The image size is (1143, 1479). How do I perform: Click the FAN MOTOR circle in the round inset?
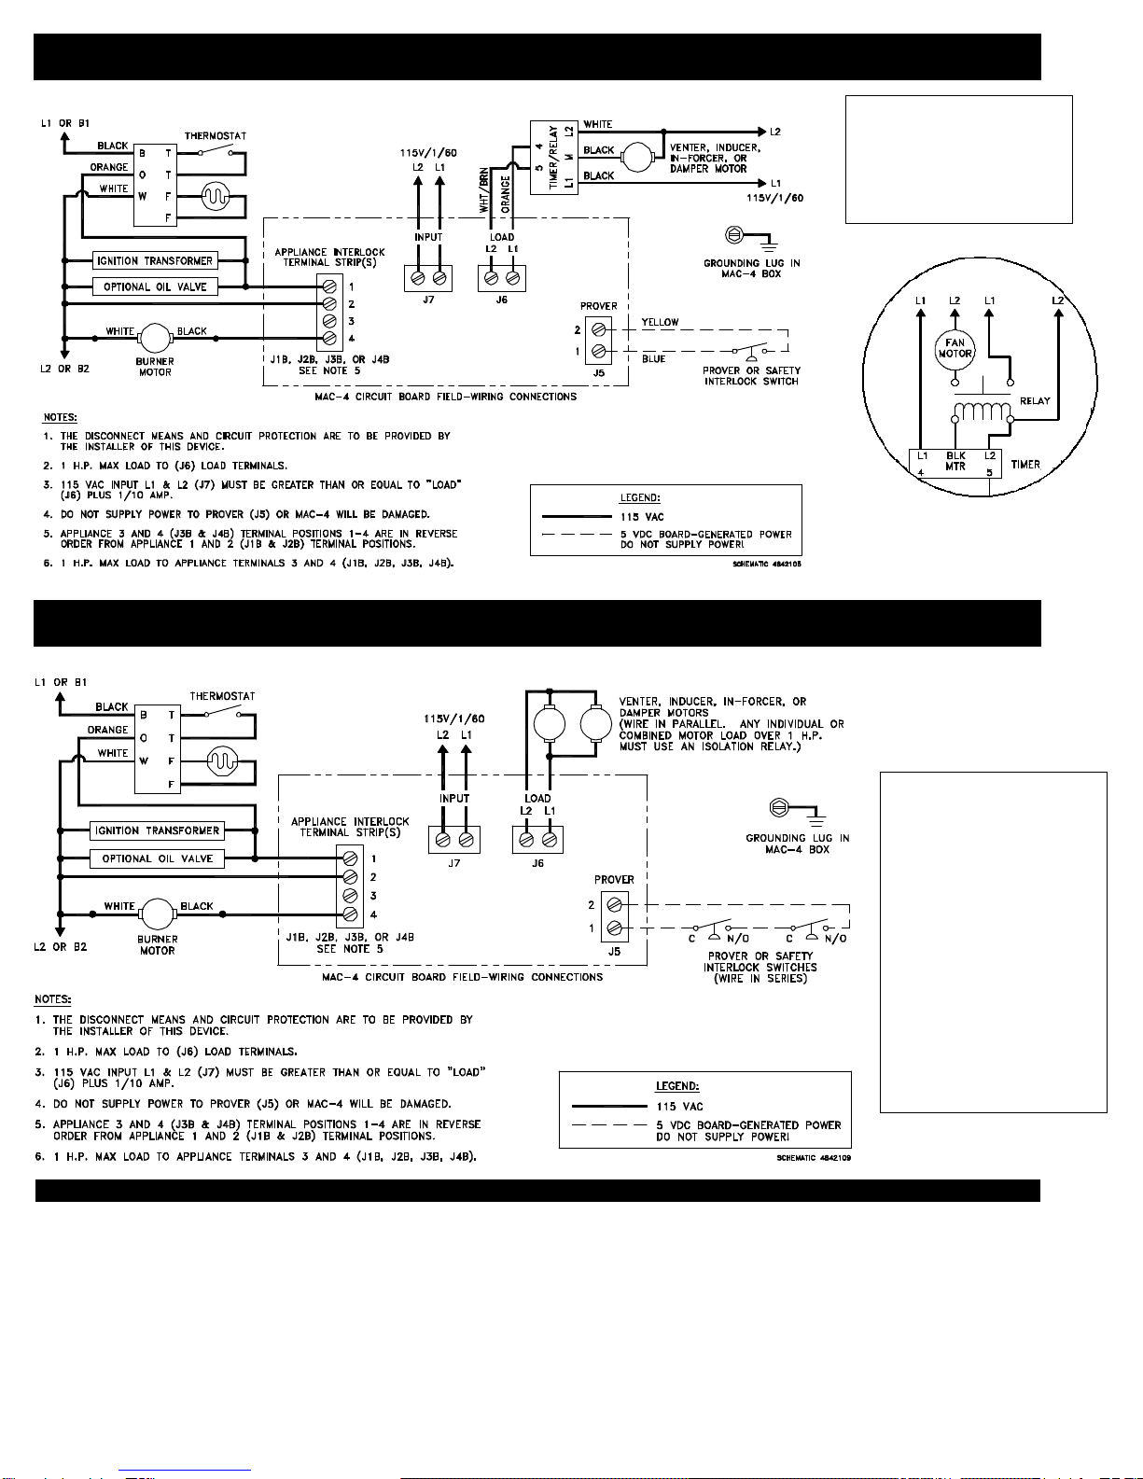pyautogui.click(x=955, y=348)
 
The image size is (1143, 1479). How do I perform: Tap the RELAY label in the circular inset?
pyautogui.click(x=1035, y=401)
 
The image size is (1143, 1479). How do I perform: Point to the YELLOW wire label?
pyautogui.click(x=660, y=322)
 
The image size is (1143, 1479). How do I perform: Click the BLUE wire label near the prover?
pyautogui.click(x=653, y=359)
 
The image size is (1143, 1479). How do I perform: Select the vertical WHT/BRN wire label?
pyautogui.click(x=483, y=190)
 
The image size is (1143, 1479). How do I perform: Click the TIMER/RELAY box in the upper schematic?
pyautogui.click(x=553, y=157)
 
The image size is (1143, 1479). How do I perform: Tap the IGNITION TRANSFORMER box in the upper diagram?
pyautogui.click(x=155, y=261)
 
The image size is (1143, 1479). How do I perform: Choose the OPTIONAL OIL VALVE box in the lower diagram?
pyautogui.click(x=158, y=858)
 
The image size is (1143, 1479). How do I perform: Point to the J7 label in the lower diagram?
pyautogui.click(x=453, y=863)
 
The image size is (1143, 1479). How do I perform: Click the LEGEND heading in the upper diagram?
pyautogui.click(x=640, y=498)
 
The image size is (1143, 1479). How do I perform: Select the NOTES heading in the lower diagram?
pyautogui.click(x=52, y=999)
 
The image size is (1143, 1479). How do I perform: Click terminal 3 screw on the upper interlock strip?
pyautogui.click(x=329, y=321)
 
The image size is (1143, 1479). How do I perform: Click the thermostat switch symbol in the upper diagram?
pyautogui.click(x=216, y=150)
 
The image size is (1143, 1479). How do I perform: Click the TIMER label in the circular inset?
pyautogui.click(x=1025, y=464)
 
